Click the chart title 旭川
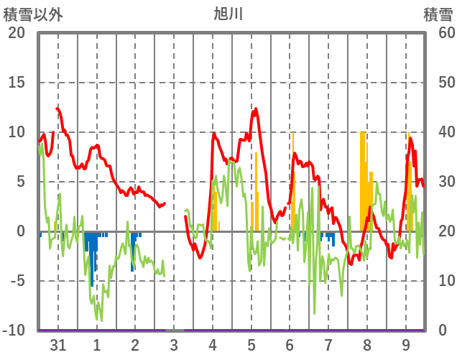pyautogui.click(x=228, y=14)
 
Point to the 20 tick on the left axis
pyautogui.click(x=17, y=33)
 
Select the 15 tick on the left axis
pyautogui.click(x=17, y=83)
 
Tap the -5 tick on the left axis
pyautogui.click(x=17, y=281)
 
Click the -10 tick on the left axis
pyautogui.click(x=15, y=331)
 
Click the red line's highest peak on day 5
pyautogui.click(x=255, y=109)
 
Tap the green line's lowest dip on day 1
pyautogui.click(x=101, y=320)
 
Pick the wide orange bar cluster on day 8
pyautogui.click(x=364, y=180)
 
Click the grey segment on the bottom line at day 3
pyautogui.click(x=175, y=330)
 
